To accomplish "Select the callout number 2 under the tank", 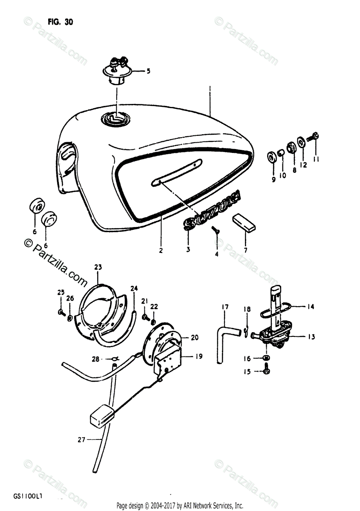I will [161, 251].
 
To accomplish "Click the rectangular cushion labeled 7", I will [244, 222].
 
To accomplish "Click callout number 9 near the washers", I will [274, 180].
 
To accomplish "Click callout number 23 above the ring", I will [98, 267].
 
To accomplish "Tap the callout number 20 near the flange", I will [195, 338].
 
